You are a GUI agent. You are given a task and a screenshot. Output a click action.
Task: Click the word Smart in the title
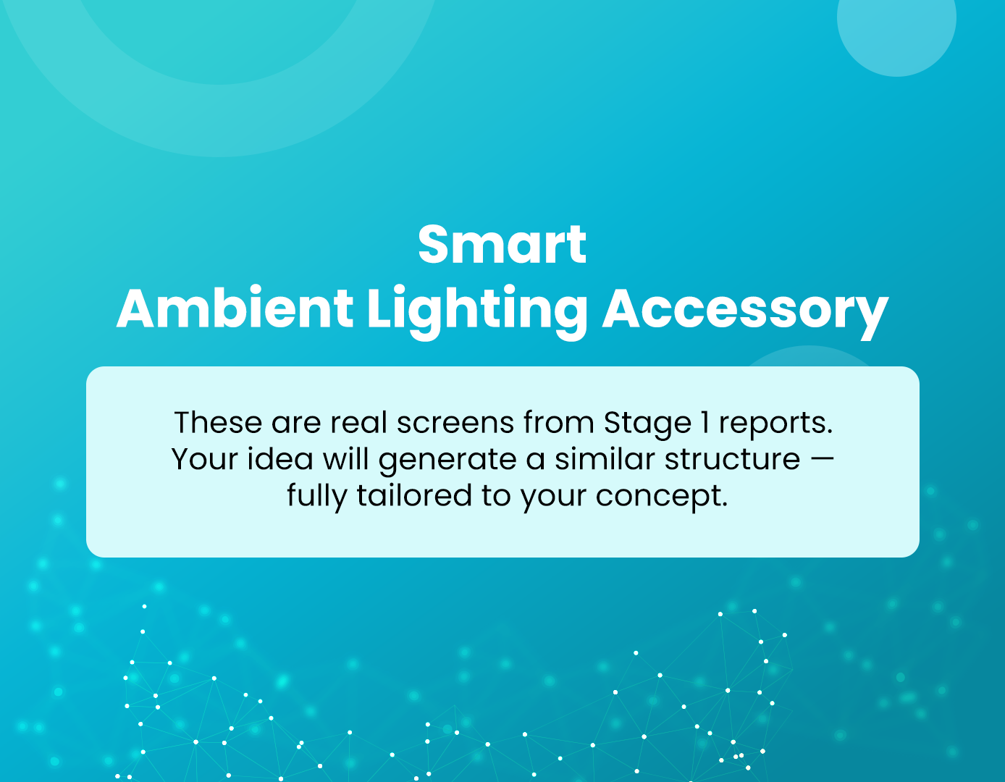pos(502,245)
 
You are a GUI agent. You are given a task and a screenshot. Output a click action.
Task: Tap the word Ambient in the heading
pos(235,308)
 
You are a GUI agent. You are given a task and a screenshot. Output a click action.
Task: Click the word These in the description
pos(218,422)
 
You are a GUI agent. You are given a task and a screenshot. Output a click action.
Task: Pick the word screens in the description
pos(455,423)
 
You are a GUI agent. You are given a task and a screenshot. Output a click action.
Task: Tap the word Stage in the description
pos(647,423)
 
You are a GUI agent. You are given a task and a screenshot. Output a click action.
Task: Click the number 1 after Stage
pos(705,422)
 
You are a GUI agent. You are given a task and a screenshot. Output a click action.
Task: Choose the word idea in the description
pos(280,459)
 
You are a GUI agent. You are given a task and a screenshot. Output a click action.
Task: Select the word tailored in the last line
pos(414,495)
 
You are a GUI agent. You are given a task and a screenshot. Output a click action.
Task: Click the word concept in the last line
pos(662,497)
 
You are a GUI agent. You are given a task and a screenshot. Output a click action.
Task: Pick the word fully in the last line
pos(317,497)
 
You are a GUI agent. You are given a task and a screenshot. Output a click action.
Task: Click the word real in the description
pos(358,422)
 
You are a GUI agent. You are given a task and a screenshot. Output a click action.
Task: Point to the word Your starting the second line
pos(204,459)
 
